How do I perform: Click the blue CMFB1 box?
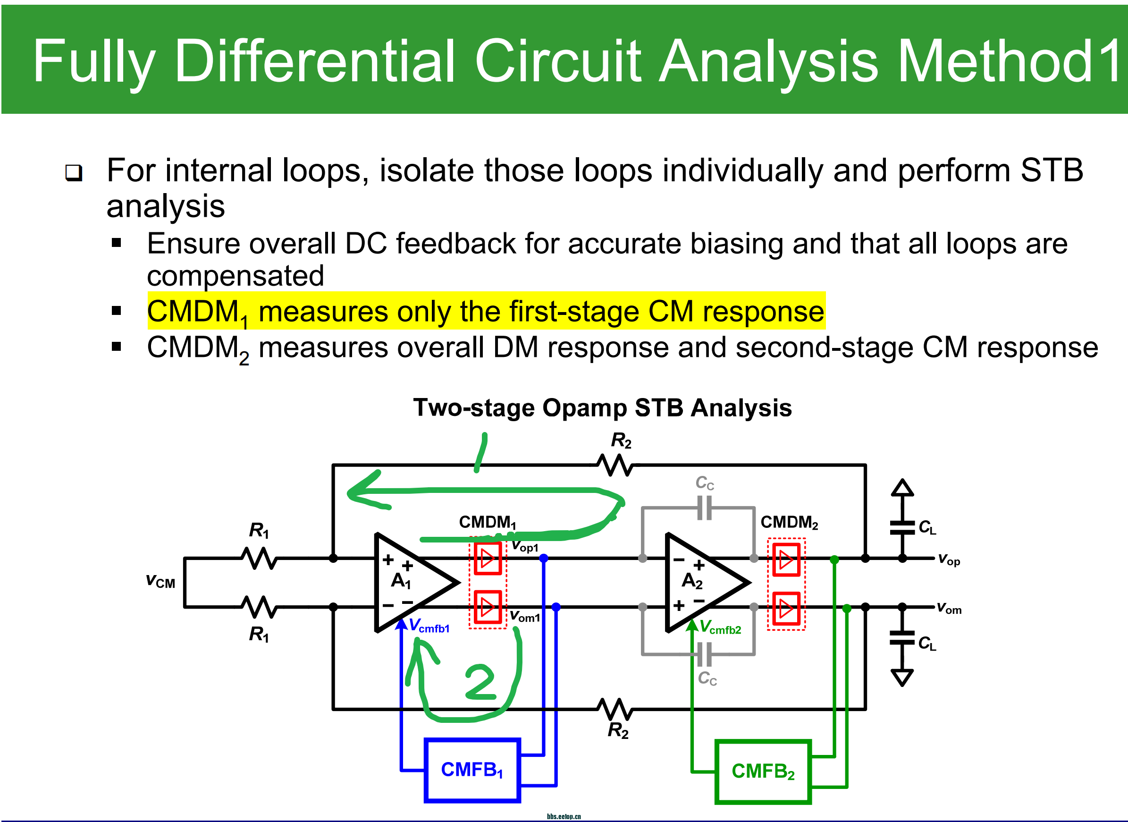(471, 770)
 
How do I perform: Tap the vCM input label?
(160, 581)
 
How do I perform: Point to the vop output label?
(949, 560)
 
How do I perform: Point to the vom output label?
(949, 608)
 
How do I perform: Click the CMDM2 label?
(789, 523)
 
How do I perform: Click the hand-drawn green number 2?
(480, 682)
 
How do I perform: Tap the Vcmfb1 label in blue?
(429, 626)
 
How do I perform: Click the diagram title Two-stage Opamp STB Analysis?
(602, 408)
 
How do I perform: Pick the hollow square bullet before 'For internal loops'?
(74, 173)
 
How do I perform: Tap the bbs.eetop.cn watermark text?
(564, 816)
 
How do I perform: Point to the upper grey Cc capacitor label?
(704, 483)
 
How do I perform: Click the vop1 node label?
(525, 546)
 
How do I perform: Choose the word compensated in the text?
(235, 276)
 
